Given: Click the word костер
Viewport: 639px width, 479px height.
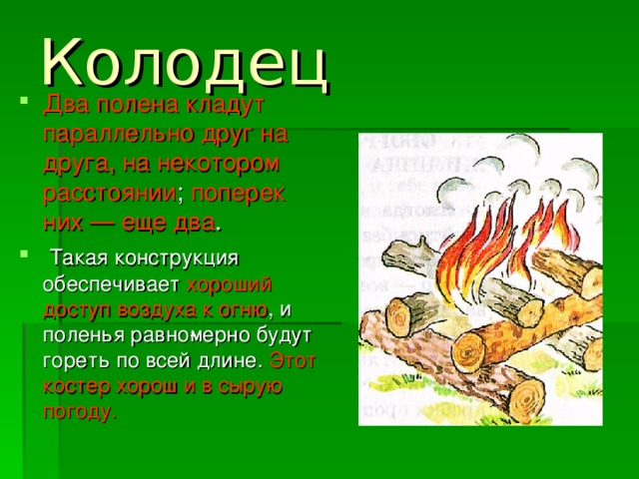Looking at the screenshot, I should [x=73, y=384].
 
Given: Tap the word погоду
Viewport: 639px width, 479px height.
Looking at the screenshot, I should [x=79, y=409].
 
